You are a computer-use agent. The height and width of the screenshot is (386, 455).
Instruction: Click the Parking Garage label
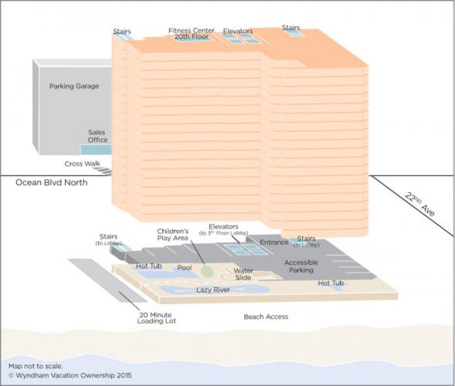pos(74,86)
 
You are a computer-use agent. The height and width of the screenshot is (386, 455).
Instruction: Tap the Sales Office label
pos(97,136)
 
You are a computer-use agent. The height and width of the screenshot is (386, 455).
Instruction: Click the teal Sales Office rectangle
pos(96,150)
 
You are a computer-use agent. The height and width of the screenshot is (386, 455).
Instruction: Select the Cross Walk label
pos(83,164)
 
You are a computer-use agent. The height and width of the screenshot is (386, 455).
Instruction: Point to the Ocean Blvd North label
pos(51,182)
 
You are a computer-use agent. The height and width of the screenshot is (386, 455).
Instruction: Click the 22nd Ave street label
pos(420,204)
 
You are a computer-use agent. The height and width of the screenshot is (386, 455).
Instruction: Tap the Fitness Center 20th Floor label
pos(192,34)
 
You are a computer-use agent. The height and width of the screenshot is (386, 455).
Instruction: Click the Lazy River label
pos(213,289)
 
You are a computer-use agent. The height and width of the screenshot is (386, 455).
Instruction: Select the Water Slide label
pos(243,274)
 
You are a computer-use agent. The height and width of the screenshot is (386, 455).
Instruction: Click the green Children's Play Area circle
pos(207,272)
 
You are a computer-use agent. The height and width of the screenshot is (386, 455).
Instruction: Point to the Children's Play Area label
pos(173,235)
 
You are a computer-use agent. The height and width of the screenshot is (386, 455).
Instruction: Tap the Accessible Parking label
pos(301,266)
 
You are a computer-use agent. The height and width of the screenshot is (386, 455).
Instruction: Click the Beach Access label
pos(266,317)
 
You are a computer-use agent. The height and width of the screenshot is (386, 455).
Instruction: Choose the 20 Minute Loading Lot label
pos(156,318)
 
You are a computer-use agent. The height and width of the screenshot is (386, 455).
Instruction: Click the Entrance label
pos(274,242)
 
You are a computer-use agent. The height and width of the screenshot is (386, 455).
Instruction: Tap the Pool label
pos(185,267)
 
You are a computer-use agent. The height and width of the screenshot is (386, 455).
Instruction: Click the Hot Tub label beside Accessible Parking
pos(331,283)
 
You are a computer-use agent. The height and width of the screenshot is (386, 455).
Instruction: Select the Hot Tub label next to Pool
pos(149,266)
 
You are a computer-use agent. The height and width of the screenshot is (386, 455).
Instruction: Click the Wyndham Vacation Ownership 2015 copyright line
pos(70,375)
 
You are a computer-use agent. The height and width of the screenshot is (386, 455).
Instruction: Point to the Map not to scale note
pos(36,366)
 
